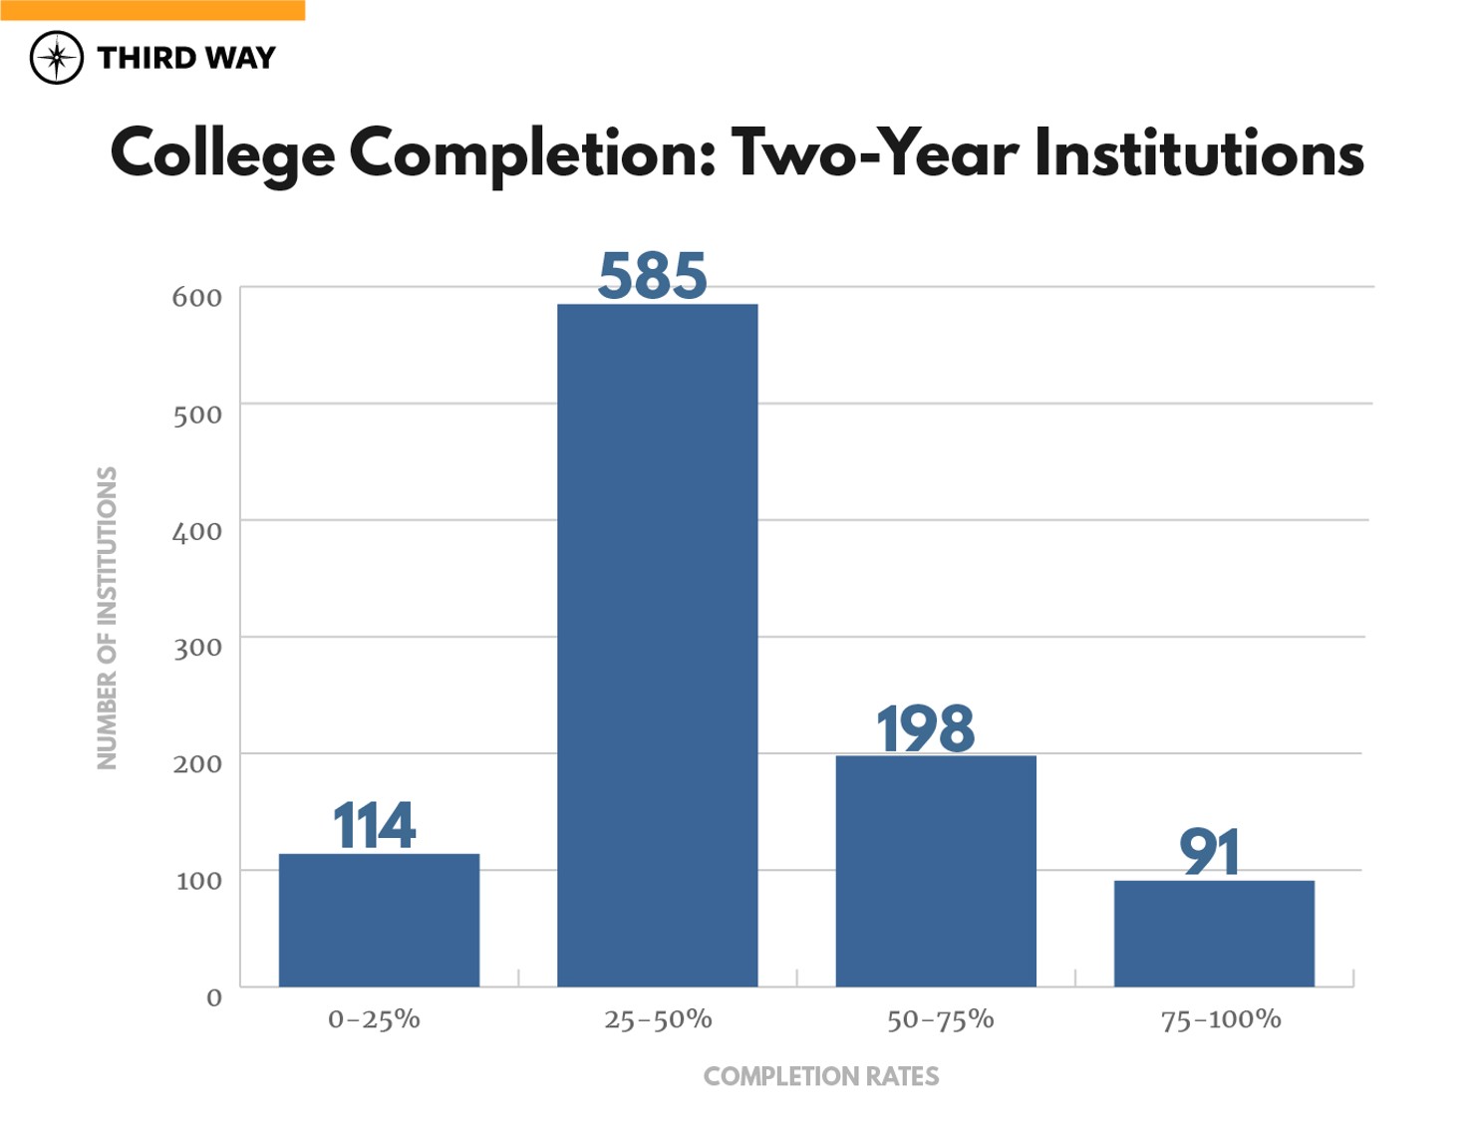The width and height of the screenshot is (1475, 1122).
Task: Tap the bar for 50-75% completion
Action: [x=935, y=871]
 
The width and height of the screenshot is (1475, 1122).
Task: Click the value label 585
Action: [x=653, y=276]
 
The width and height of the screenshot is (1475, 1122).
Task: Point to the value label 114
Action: [x=374, y=826]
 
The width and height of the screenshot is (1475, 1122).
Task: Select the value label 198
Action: [x=926, y=728]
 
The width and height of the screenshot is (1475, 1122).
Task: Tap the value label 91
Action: [x=1210, y=853]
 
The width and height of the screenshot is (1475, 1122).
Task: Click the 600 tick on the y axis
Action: [x=196, y=297]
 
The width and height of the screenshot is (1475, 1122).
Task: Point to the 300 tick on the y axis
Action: [x=196, y=648]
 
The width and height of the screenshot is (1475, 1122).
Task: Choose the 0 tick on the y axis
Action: [x=213, y=997]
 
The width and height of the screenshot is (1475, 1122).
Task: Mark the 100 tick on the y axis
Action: [x=198, y=881]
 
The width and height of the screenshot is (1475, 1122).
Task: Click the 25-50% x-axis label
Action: [x=658, y=1019]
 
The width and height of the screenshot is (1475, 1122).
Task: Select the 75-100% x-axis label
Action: [x=1221, y=1019]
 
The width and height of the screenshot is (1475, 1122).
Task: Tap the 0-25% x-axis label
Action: [x=374, y=1019]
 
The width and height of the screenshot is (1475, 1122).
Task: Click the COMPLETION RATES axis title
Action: [x=820, y=1076]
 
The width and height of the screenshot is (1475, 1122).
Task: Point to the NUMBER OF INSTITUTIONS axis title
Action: [x=107, y=618]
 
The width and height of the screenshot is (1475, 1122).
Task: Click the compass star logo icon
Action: [x=57, y=58]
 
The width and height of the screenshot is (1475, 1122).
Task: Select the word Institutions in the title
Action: [x=1199, y=153]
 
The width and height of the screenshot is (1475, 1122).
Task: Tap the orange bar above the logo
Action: [x=152, y=10]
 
